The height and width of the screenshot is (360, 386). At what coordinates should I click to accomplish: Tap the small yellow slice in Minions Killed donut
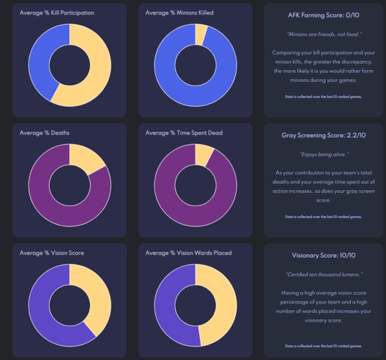[x=201, y=35]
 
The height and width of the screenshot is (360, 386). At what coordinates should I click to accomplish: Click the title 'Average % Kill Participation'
[x=57, y=13]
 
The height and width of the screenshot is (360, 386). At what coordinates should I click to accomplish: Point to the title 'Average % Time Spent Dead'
[x=184, y=133]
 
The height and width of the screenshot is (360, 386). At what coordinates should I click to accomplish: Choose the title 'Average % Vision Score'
[x=52, y=253]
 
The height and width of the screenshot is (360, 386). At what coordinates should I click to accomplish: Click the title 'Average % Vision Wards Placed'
[x=188, y=253]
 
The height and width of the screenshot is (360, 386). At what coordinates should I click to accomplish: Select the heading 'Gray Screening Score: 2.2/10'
[x=324, y=134]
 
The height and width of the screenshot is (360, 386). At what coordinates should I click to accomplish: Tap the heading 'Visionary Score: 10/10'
[x=324, y=256]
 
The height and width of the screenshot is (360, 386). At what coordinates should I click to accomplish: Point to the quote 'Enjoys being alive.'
[x=324, y=153]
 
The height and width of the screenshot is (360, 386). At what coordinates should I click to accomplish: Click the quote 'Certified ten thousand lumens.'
[x=324, y=275]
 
